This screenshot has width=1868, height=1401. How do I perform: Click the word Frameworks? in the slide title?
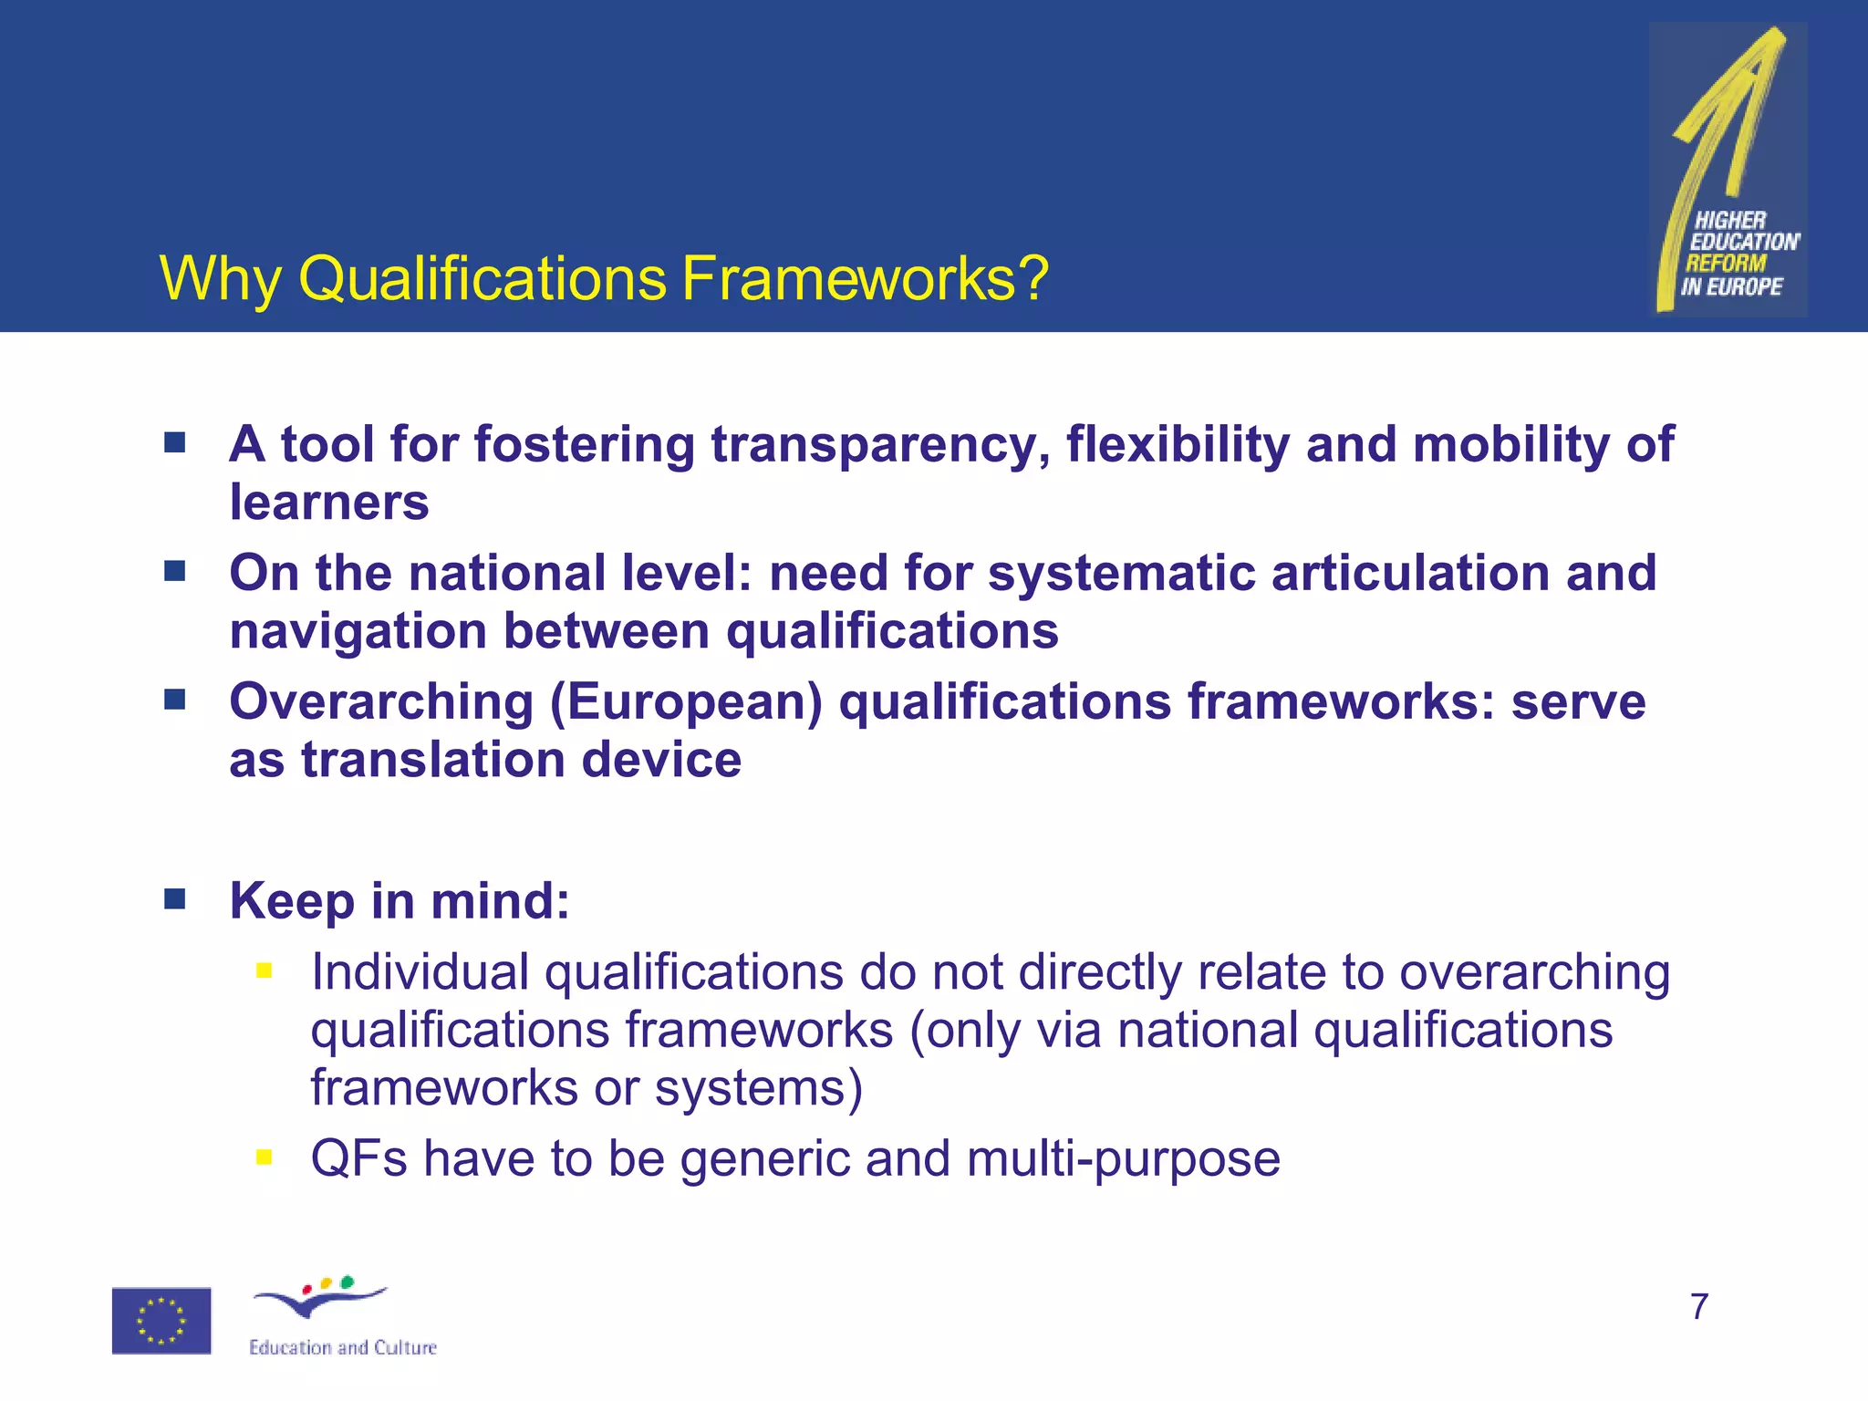click(x=865, y=278)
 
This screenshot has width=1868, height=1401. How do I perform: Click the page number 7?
click(x=1698, y=1306)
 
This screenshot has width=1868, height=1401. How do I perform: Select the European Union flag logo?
click(x=161, y=1320)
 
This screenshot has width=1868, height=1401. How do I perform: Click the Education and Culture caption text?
click(x=343, y=1347)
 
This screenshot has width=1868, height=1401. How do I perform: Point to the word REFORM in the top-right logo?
click(x=1726, y=264)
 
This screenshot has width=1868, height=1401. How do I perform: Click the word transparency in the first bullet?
click(x=880, y=445)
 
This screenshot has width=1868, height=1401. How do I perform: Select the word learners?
click(x=328, y=503)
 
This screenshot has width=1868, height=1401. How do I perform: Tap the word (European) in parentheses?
click(x=686, y=702)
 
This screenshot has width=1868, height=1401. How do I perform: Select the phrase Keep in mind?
click(x=400, y=901)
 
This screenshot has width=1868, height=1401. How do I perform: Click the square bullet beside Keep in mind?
click(x=175, y=899)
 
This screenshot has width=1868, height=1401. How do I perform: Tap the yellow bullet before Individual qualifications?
click(x=265, y=970)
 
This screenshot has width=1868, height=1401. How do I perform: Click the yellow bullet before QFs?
click(x=265, y=1157)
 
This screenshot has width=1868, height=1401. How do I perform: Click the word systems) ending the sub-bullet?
click(x=758, y=1088)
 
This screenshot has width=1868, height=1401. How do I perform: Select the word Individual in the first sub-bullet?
click(x=420, y=972)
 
